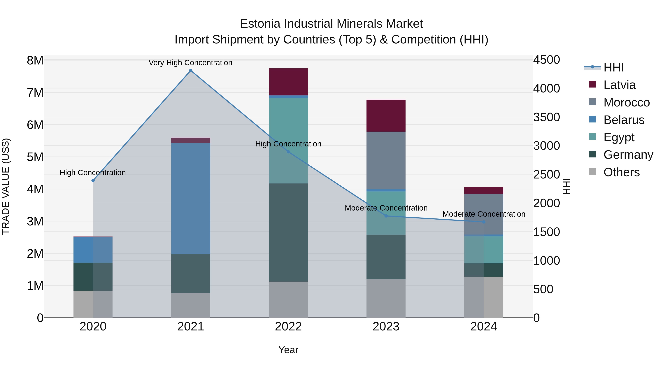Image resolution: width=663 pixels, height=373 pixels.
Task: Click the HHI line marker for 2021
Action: click(191, 71)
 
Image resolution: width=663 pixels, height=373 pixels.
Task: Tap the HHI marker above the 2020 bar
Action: click(93, 181)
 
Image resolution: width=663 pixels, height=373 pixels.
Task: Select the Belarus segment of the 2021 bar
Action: click(191, 198)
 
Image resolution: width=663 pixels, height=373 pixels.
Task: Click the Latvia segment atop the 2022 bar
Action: click(288, 82)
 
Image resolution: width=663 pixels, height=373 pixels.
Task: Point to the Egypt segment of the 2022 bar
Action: click(288, 140)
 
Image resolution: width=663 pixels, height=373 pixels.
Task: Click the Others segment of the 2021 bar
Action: click(191, 305)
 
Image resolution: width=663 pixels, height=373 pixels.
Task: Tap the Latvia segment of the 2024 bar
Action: click(484, 190)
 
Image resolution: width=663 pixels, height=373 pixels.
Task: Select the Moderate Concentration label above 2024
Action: click(484, 214)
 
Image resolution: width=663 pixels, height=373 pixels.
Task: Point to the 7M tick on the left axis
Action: click(35, 93)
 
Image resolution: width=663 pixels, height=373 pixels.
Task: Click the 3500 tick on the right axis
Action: click(546, 117)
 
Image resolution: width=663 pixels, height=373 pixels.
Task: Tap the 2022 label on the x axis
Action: click(288, 326)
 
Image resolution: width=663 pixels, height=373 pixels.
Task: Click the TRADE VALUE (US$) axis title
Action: click(6, 186)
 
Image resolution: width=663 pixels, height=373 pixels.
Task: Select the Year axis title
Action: click(288, 350)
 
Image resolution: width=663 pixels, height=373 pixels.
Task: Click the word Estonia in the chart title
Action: click(260, 24)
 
